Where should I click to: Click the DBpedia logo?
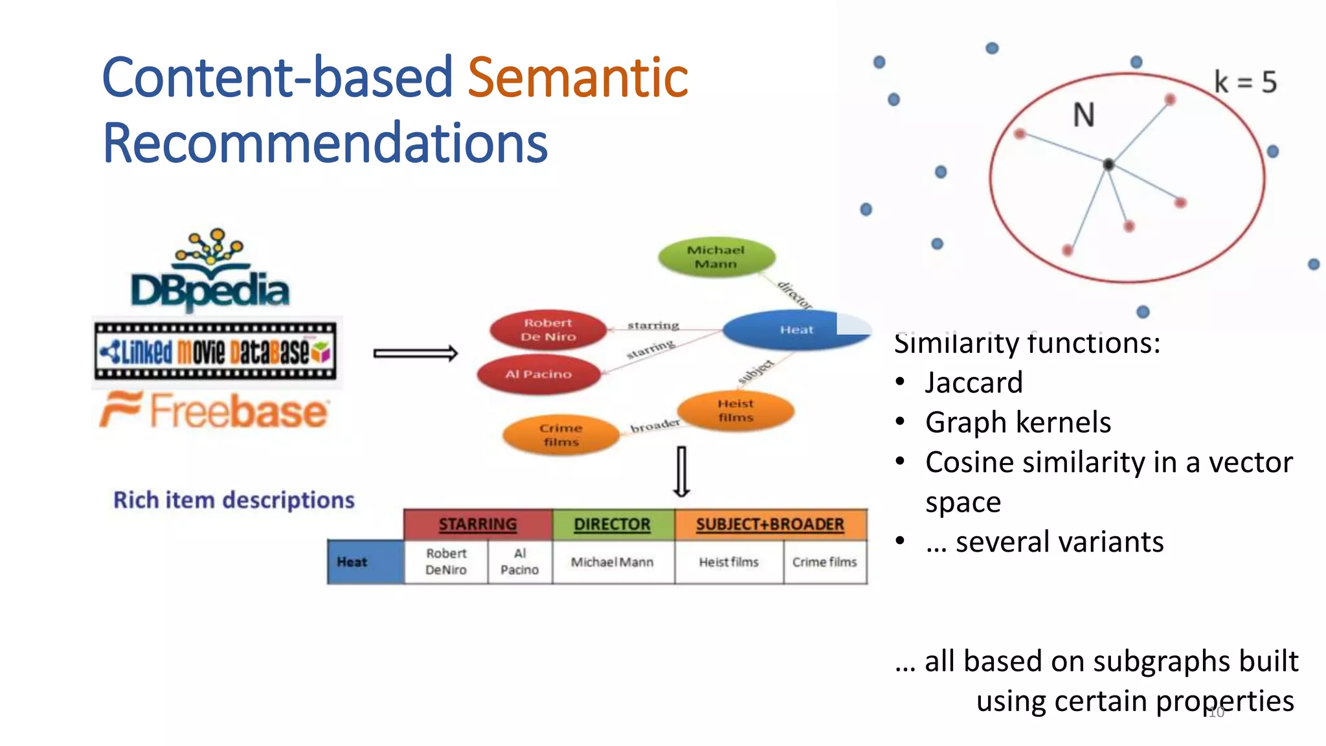coord(210,272)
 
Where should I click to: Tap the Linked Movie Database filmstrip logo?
coord(215,352)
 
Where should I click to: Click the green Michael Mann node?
coord(716,257)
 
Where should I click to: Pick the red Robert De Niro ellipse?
coord(548,330)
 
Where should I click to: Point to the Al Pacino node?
coord(539,374)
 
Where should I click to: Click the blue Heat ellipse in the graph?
coord(795,330)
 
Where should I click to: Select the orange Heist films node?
coord(736,411)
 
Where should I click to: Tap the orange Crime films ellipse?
coord(561,435)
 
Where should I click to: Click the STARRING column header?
coord(478,525)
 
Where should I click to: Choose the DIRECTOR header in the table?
coord(612,525)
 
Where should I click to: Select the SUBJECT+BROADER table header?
coord(770,525)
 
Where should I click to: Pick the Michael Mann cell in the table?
coord(612,562)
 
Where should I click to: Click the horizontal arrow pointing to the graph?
coord(416,354)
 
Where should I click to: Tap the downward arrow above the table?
coord(681,471)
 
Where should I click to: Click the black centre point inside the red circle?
coord(1108,164)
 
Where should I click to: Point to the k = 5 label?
coord(1244,82)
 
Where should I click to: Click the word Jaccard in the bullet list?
coord(974,383)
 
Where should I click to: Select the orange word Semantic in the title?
coord(578,78)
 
